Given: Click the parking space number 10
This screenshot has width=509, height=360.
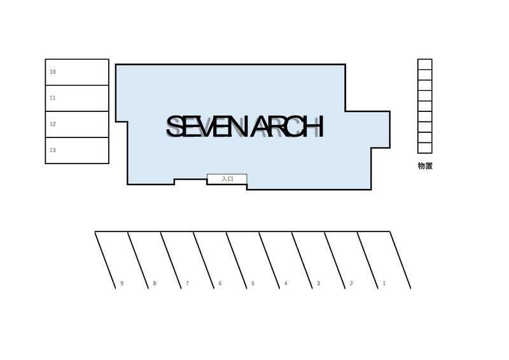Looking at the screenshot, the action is coord(53,72).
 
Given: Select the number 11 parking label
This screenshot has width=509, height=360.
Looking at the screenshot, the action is coord(53,98).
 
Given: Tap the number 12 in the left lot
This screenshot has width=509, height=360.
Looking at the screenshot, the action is coord(53,124).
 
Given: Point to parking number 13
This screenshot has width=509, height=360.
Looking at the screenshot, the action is coord(53,150).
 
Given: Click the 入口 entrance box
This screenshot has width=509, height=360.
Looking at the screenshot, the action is coord(227,179).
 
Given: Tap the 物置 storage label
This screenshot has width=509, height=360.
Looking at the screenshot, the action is coord(425,166).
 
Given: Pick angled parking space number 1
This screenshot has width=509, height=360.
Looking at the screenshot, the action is coord(384,284).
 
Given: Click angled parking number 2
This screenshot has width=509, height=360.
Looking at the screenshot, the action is coord(351,284).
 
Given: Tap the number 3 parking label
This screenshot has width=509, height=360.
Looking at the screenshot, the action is coord(319,284).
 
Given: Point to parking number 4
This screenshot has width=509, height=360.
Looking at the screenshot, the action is coord(286,283).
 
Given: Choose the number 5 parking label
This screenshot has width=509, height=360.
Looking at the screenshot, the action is coord(253,284).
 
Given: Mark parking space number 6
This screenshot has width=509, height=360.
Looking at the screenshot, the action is coord(220,284).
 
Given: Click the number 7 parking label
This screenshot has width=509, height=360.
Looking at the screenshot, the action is coord(187,283).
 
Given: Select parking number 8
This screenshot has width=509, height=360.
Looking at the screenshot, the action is coord(155,284).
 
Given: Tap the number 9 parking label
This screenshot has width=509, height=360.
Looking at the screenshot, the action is coord(122,284).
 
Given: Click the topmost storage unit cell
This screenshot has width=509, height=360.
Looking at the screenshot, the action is coord(424,64).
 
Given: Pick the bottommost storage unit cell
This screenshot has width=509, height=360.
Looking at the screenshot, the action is coord(424,148).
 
